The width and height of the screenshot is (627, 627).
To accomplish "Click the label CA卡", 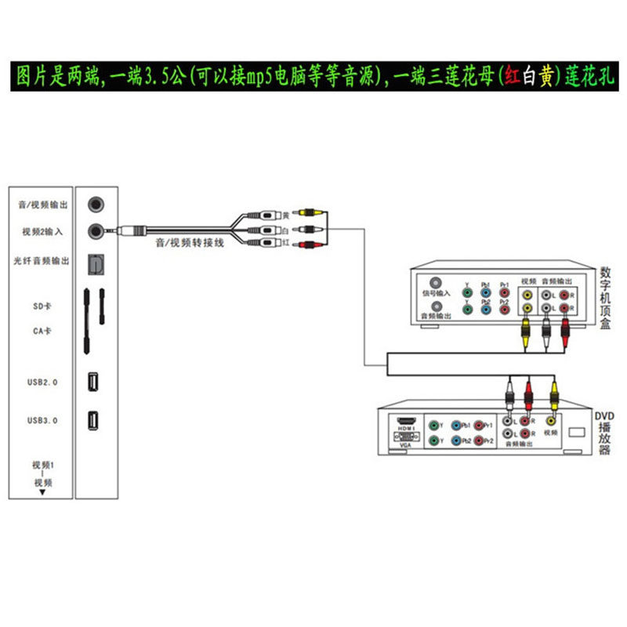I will [x=43, y=332].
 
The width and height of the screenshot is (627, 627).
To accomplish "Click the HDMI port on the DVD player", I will [x=406, y=421].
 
